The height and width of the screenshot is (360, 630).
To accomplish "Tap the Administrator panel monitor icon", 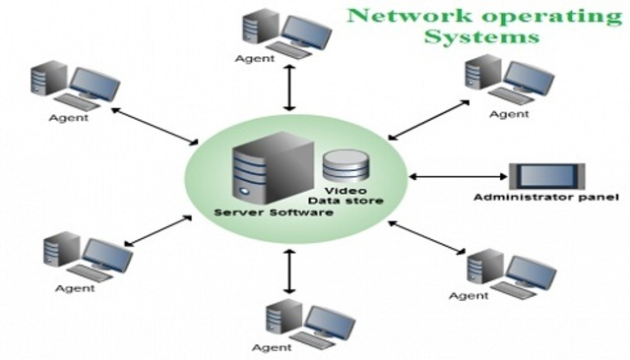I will [x=546, y=176].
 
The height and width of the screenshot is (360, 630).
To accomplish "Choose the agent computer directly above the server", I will [x=280, y=30].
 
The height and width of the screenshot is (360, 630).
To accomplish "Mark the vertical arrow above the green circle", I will [x=288, y=90].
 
